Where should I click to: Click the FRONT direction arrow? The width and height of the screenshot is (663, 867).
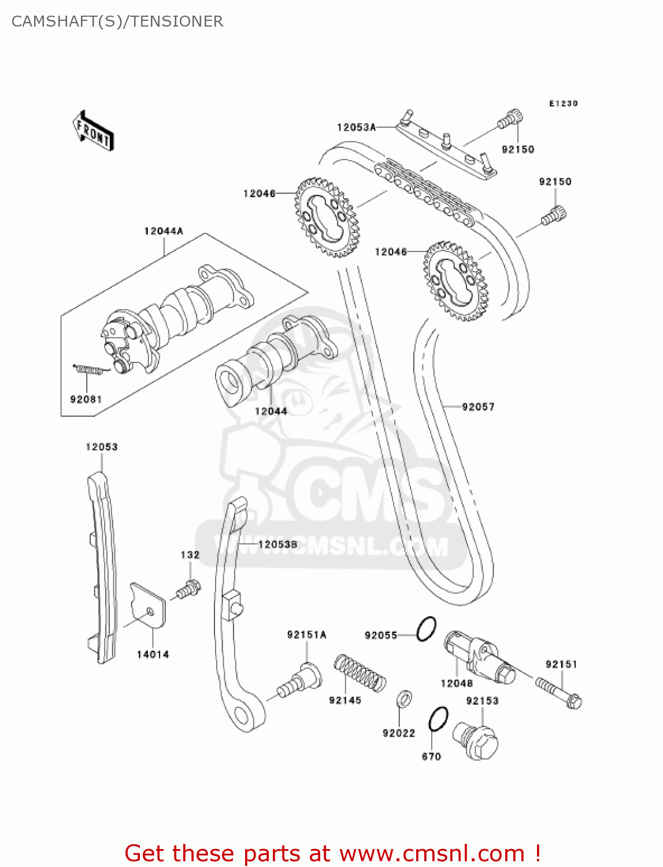pos(93,131)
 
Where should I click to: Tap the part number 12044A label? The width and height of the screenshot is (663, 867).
pos(164,231)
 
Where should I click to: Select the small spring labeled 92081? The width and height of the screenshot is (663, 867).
pos(90,369)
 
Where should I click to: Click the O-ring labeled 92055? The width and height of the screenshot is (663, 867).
pos(427,629)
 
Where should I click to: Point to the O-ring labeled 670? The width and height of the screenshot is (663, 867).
pos(438,719)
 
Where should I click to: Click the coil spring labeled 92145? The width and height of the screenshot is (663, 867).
pos(360,673)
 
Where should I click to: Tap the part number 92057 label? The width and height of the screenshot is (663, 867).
pos(478,407)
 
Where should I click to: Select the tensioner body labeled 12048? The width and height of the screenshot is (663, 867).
pos(479,659)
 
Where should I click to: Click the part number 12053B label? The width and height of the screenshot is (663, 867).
pos(277,544)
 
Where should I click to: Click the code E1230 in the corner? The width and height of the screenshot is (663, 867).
pos(563,103)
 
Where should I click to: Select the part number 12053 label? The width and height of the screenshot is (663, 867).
pos(102,447)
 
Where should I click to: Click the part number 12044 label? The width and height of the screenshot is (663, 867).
pos(271,411)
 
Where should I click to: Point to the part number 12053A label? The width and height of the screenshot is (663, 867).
pos(356,127)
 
